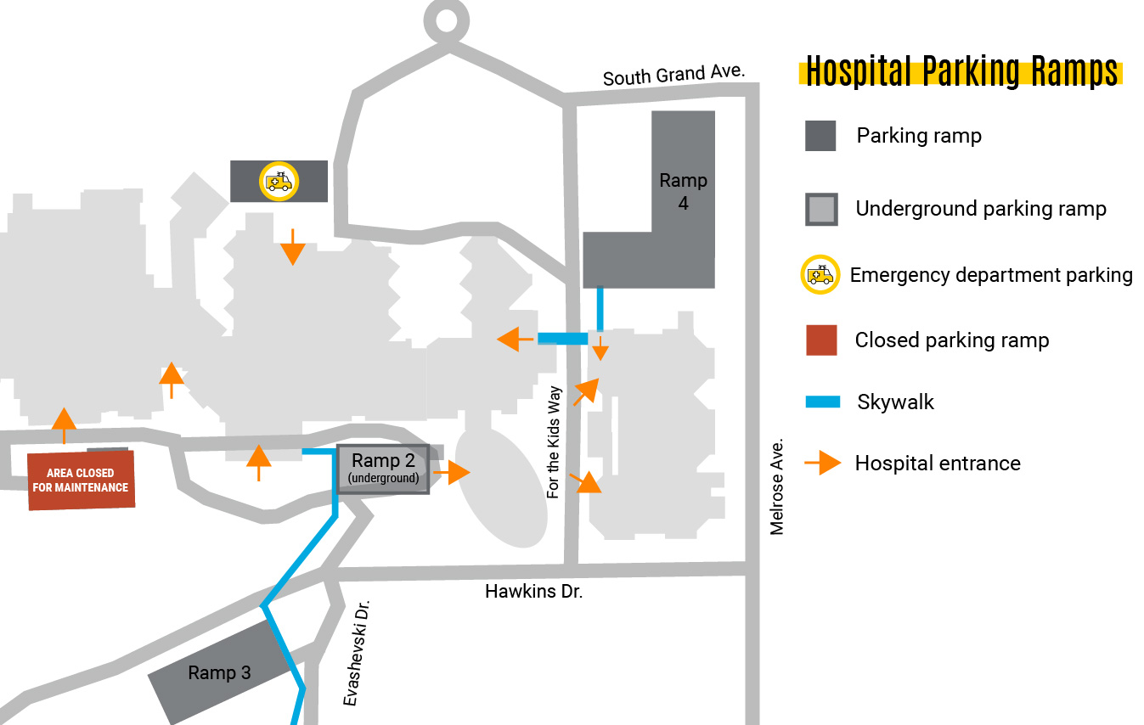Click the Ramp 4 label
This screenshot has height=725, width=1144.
pyautogui.click(x=683, y=191)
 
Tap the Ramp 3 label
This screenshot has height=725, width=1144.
pyautogui.click(x=219, y=673)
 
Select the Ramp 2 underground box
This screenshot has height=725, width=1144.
pyautogui.click(x=384, y=469)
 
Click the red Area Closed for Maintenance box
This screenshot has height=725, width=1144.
pyautogui.click(x=81, y=481)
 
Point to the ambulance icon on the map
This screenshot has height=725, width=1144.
pyautogui.click(x=279, y=182)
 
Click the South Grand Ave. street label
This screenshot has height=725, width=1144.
pyautogui.click(x=673, y=76)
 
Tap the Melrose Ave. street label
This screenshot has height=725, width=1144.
pyautogui.click(x=776, y=486)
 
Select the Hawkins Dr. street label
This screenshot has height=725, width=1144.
pyautogui.click(x=533, y=592)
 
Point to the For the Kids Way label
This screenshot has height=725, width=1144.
pyautogui.click(x=555, y=442)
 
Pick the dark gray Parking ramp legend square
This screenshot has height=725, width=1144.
pyautogui.click(x=820, y=136)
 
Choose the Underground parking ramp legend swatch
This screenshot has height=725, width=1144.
pyautogui.click(x=820, y=209)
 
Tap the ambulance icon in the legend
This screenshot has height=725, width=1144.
pyautogui.click(x=820, y=275)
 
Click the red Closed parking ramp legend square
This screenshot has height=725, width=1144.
pyautogui.click(x=820, y=340)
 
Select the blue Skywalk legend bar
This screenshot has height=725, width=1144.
pyautogui.click(x=822, y=402)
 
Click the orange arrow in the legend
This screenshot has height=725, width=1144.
pyautogui.click(x=822, y=463)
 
